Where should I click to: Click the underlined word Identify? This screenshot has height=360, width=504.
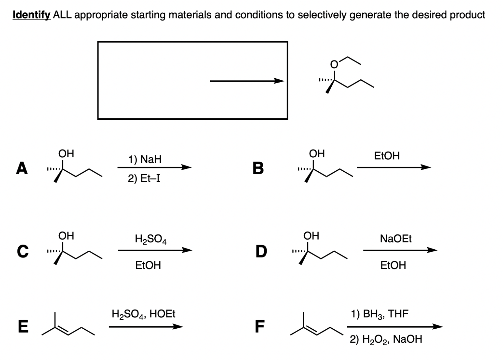(32, 15)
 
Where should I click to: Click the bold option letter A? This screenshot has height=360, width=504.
(22, 168)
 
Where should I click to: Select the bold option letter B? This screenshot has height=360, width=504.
(258, 168)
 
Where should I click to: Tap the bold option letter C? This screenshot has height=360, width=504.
(22, 251)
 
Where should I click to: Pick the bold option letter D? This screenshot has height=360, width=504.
(261, 251)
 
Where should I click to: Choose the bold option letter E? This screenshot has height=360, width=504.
(23, 327)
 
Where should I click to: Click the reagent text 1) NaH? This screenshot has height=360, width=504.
(145, 159)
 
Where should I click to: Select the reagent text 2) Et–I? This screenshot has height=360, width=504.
(144, 179)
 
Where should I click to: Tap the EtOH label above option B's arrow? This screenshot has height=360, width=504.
(387, 156)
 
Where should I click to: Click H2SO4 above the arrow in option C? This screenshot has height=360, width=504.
(150, 239)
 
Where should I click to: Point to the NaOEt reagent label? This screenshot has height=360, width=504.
(395, 238)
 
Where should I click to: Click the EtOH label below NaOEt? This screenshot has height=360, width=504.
(393, 265)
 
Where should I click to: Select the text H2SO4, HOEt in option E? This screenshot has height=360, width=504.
(143, 314)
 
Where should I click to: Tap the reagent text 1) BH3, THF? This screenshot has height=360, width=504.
(380, 314)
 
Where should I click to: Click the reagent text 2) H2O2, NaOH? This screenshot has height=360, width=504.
(386, 339)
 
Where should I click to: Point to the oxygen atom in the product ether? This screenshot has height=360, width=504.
(334, 65)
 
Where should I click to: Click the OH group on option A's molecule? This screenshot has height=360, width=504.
(66, 154)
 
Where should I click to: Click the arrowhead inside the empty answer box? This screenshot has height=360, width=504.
(279, 81)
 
